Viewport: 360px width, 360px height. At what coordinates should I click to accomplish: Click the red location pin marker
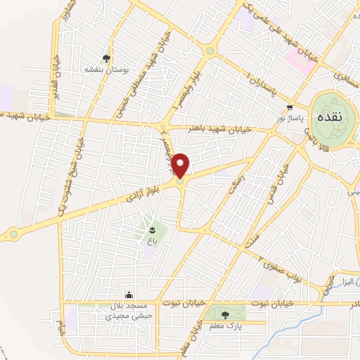click(181, 165)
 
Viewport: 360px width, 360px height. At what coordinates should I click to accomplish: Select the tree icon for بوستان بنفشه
click(106, 58)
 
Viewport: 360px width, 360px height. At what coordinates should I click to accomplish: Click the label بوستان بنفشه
click(104, 70)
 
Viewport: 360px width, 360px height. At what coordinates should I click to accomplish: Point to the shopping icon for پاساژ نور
click(289, 107)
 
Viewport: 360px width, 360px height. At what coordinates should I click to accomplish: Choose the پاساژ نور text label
click(291, 118)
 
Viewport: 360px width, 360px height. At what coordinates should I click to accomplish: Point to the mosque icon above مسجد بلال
click(129, 295)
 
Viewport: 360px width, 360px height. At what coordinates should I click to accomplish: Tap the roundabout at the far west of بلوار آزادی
click(13, 233)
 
